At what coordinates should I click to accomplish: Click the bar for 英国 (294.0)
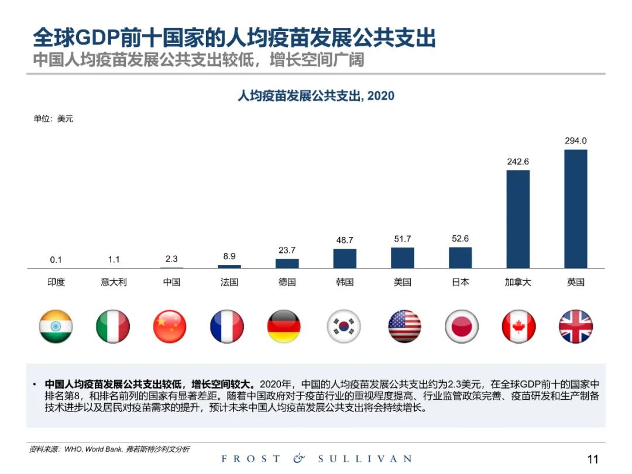(575, 209)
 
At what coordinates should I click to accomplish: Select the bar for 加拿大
(518, 219)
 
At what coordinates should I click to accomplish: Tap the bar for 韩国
(345, 258)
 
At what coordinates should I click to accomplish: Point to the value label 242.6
(518, 162)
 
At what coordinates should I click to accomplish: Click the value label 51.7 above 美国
(403, 239)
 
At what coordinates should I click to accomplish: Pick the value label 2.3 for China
(171, 259)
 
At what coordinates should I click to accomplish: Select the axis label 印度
(56, 282)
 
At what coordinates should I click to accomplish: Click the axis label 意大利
(114, 282)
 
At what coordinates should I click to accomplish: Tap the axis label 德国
(287, 282)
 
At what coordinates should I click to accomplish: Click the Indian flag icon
(56, 327)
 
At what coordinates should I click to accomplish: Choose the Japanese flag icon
(461, 327)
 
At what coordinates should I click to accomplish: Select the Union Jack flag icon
(576, 327)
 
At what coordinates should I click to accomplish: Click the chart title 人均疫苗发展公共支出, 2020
(316, 96)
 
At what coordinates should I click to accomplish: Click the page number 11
(593, 459)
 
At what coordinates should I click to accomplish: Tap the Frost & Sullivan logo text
(316, 459)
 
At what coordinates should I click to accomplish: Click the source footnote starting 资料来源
(109, 449)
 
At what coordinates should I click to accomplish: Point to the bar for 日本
(461, 257)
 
